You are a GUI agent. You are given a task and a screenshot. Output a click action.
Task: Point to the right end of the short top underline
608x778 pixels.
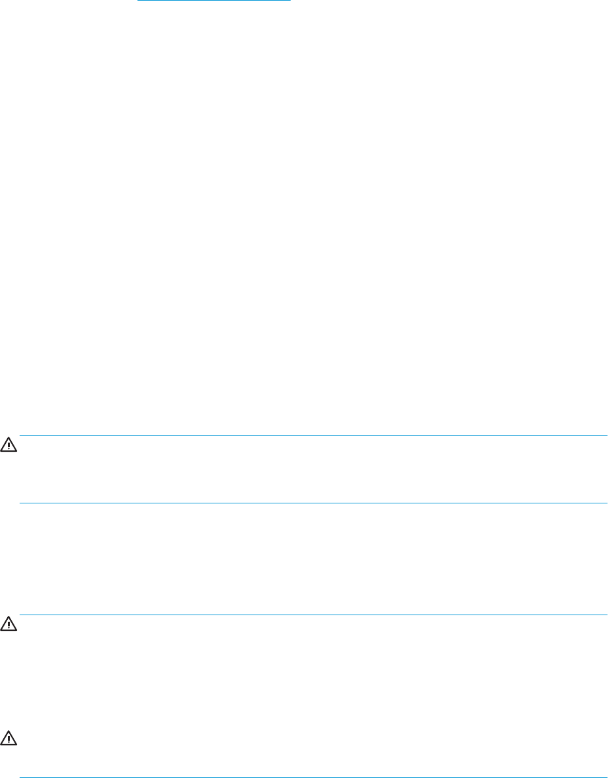(290, 1)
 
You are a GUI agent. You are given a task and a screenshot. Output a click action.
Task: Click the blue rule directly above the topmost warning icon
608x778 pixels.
(314, 436)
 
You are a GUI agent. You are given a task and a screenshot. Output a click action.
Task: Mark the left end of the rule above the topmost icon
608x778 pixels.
(20, 436)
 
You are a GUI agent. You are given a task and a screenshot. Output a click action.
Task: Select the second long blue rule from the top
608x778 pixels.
(314, 503)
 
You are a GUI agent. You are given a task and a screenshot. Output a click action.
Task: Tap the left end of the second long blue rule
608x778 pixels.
(20, 503)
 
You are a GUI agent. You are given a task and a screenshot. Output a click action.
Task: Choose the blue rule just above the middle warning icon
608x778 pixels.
(314, 615)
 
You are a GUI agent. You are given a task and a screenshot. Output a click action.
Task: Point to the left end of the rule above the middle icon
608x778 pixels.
(20, 615)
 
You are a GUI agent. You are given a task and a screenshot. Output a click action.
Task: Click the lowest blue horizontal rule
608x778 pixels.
(314, 777)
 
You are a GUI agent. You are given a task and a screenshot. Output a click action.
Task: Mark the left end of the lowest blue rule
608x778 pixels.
(20, 777)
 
